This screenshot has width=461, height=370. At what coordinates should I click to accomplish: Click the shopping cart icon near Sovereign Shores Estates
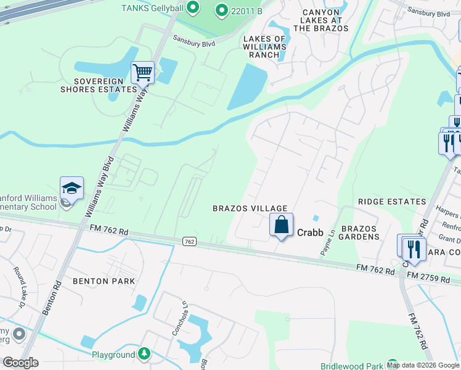tap(142, 73)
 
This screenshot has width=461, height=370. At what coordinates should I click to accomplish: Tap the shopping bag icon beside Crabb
tap(281, 225)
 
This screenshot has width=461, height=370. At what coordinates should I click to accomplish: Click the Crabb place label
tap(311, 232)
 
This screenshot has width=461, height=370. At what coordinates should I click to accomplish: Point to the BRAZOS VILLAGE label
tap(250, 208)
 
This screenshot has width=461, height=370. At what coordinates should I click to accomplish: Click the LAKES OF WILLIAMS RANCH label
tap(264, 46)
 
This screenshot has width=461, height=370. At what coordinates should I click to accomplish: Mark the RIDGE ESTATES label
tap(392, 202)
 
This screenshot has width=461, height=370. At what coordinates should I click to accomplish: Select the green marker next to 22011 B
tap(221, 10)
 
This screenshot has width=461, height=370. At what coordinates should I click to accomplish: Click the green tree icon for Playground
tap(144, 354)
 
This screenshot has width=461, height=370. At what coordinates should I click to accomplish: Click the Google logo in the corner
tap(21, 363)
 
